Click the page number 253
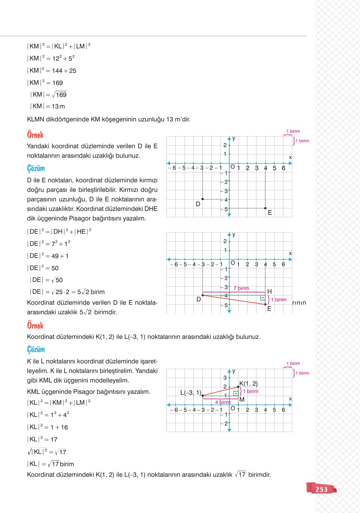[x=321, y=489]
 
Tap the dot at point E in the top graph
[x=265, y=208]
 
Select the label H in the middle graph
[x=269, y=291]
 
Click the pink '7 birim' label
[x=241, y=288]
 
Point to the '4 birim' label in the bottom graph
[x=223, y=402]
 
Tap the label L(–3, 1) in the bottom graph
[x=191, y=393]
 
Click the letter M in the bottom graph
[x=242, y=400]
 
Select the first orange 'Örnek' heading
[x=35, y=135]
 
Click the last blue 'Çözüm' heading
[x=36, y=349]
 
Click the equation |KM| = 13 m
[x=48, y=106]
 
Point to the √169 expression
[x=59, y=95]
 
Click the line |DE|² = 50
[x=43, y=268]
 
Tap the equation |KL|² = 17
[x=42, y=440]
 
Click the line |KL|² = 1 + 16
[x=48, y=427]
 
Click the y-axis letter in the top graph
[x=234, y=138]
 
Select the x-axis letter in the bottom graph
[x=290, y=399]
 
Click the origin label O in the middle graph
[x=233, y=263]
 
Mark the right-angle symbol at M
[x=236, y=393]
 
